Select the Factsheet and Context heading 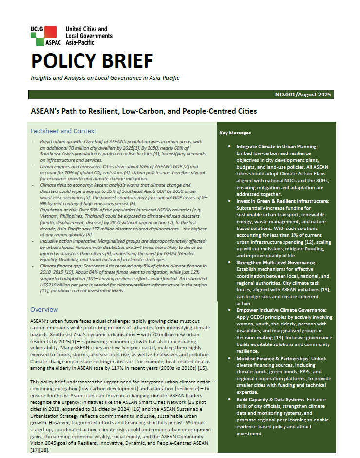[63, 131]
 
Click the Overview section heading [44, 309]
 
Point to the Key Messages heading [236, 133]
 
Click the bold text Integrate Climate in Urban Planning [277, 146]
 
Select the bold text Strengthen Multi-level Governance [276, 263]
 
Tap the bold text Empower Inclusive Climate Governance [282, 309]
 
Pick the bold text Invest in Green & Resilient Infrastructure [283, 201]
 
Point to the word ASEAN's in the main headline [46, 111]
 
